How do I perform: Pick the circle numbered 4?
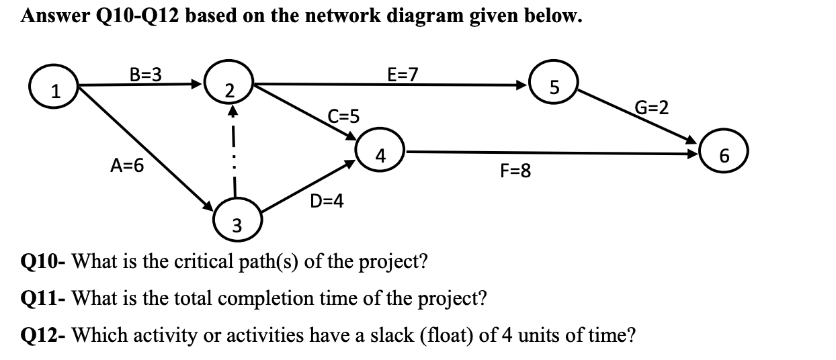point(380,153)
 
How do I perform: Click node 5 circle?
point(553,85)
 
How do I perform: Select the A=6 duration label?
point(128,165)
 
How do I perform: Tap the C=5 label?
point(343,116)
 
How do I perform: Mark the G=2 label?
point(651,108)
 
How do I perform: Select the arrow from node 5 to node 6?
point(636,118)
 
